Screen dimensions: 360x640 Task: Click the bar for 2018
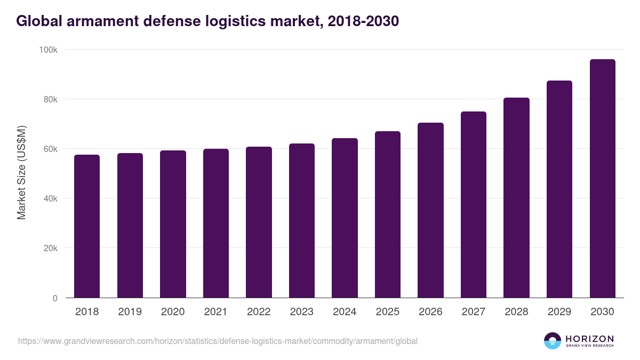pyautogui.click(x=87, y=226)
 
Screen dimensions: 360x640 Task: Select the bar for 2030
pyautogui.click(x=602, y=179)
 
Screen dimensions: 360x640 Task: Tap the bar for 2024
pyautogui.click(x=345, y=218)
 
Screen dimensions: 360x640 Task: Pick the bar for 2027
pyautogui.click(x=474, y=205)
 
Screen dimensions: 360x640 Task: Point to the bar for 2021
pyautogui.click(x=216, y=223)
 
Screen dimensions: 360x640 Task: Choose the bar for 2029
pyautogui.click(x=559, y=189)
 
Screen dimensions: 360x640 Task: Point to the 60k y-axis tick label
pyautogui.click(x=50, y=149)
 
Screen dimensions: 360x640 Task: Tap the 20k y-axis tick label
pyautogui.click(x=50, y=248)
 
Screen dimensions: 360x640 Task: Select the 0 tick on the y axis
pyautogui.click(x=55, y=298)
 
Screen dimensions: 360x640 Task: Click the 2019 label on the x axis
pyautogui.click(x=130, y=312)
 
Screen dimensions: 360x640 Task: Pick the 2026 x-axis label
pyautogui.click(x=430, y=312)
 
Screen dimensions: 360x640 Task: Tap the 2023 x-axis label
pyautogui.click(x=301, y=312)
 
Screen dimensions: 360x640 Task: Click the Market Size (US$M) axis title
pyautogui.click(x=21, y=173)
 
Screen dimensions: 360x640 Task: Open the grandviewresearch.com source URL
pyautogui.click(x=218, y=341)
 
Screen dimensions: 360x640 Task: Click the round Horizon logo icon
pyautogui.click(x=553, y=341)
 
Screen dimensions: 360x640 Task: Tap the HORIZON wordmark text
pyautogui.click(x=589, y=339)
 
